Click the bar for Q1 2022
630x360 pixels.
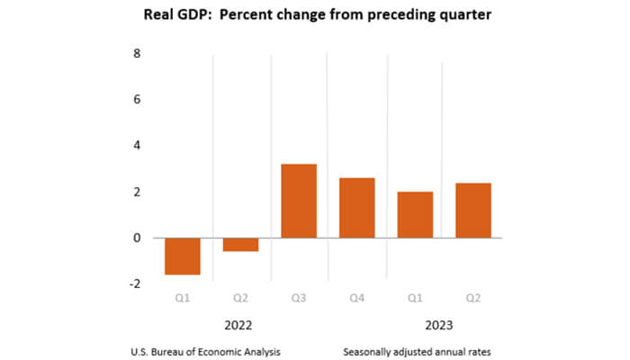click(182, 256)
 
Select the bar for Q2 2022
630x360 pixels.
click(240, 245)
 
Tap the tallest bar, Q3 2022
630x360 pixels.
click(299, 202)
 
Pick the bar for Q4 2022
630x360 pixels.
click(356, 208)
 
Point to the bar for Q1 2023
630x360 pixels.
click(415, 215)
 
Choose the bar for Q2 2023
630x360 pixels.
click(472, 211)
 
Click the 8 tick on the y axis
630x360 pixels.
click(137, 53)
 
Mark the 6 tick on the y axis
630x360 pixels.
click(137, 99)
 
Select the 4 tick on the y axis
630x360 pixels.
click(137, 146)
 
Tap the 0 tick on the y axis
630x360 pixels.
click(137, 238)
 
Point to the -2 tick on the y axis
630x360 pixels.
click(134, 284)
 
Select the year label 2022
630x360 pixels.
click(239, 325)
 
